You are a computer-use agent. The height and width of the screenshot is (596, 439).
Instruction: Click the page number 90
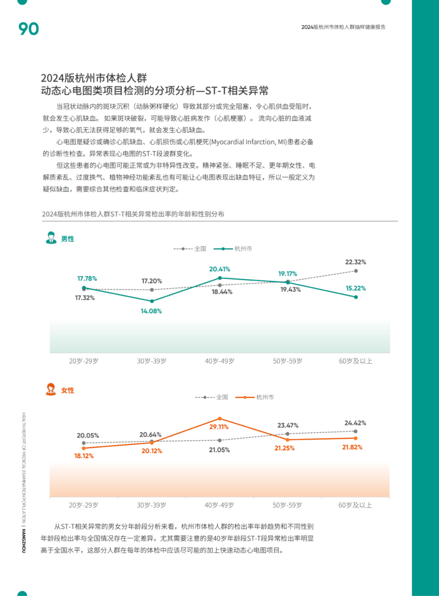point(28,28)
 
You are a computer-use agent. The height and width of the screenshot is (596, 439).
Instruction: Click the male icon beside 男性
point(52,238)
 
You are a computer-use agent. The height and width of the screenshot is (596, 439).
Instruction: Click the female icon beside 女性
point(52,389)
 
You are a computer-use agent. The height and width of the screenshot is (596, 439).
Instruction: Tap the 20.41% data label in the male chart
point(219,269)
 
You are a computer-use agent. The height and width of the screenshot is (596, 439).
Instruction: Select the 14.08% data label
point(152,311)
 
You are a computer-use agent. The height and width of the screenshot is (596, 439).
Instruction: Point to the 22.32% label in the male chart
point(355,262)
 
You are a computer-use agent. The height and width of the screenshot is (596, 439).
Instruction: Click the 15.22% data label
point(355,288)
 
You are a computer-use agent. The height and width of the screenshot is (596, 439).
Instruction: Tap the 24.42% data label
point(355,423)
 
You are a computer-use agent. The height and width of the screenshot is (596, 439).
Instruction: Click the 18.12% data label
point(84,456)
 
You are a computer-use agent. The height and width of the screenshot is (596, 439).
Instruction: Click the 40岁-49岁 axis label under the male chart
point(219,361)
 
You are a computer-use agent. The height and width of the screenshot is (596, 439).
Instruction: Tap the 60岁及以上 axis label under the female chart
point(355,505)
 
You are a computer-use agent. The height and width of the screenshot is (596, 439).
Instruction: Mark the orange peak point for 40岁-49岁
point(219,418)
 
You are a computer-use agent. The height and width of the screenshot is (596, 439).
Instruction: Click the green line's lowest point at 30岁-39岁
point(152,301)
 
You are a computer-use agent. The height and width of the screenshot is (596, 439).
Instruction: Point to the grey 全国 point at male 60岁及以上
point(356,271)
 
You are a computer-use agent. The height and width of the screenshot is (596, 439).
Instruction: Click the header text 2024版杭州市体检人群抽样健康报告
point(343,27)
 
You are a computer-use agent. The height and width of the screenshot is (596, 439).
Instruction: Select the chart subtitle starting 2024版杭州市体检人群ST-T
point(133,214)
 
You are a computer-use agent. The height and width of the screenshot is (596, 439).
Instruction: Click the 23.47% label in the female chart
point(287,425)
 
